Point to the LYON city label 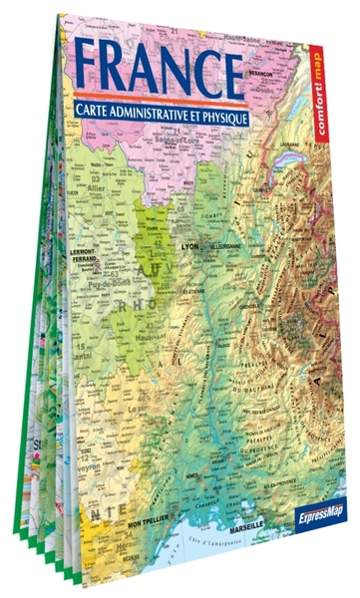pos(189,241)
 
